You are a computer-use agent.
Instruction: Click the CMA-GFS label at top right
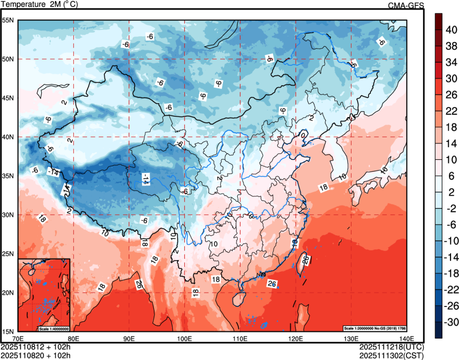point(406,5)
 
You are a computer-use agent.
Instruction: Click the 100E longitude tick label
point(184,338)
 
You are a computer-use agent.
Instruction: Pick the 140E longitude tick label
point(407,338)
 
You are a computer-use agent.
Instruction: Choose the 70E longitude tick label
point(18,338)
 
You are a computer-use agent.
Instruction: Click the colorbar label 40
point(452,30)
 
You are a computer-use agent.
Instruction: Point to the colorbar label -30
point(452,321)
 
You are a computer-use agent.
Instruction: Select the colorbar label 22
point(452,111)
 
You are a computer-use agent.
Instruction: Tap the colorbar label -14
point(452,257)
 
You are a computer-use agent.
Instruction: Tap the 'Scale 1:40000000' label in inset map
point(54,328)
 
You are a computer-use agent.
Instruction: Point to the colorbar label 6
point(452,176)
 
